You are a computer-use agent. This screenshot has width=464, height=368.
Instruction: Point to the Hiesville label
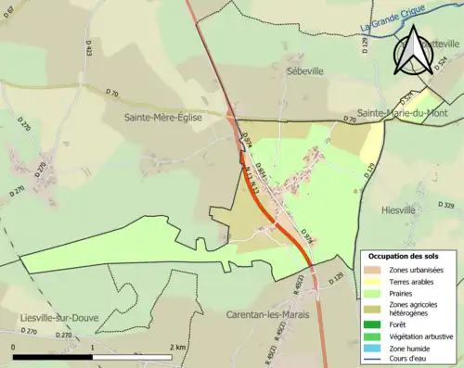(x=399, y=210)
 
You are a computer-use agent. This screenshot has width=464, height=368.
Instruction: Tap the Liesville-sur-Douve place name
(x=60, y=317)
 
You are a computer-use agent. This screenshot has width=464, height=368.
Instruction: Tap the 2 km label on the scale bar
(x=180, y=347)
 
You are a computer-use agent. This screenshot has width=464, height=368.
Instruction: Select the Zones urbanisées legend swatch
(x=376, y=270)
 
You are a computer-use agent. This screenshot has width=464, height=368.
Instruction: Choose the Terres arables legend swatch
(x=376, y=282)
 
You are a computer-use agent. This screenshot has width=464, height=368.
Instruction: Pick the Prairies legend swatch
(x=376, y=294)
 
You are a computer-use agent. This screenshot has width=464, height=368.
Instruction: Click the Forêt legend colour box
(x=376, y=324)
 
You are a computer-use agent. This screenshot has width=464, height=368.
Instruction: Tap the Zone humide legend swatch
(x=376, y=348)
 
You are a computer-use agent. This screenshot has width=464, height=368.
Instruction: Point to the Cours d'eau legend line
(x=376, y=360)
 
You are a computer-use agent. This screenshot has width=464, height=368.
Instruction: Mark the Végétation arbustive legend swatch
(x=376, y=336)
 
